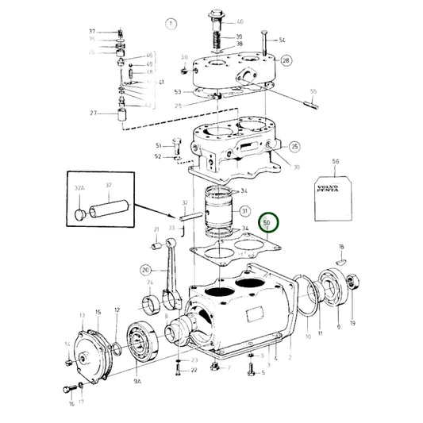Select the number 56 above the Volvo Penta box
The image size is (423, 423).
335,161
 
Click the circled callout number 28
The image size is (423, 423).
286,60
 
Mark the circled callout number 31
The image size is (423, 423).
245,211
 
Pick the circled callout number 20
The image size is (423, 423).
145,269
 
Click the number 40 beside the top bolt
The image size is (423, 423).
240,21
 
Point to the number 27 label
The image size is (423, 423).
93,113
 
